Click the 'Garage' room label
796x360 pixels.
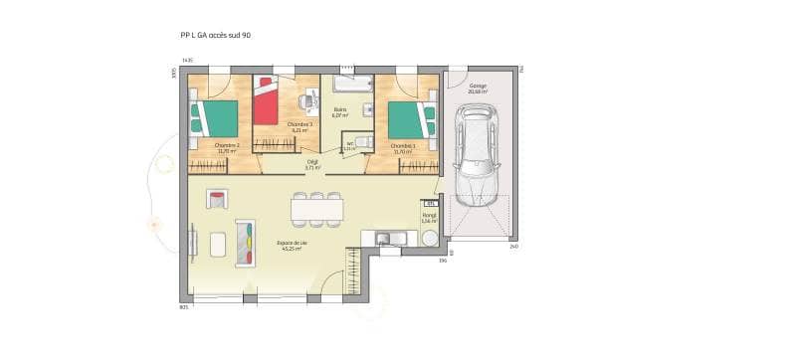point(479,88)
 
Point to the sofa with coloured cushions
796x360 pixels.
point(245,242)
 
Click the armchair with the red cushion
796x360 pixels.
point(216,198)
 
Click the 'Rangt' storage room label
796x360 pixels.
point(429,218)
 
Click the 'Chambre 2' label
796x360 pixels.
point(227,147)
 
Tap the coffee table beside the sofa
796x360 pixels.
point(218,243)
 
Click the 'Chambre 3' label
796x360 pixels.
point(298,127)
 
